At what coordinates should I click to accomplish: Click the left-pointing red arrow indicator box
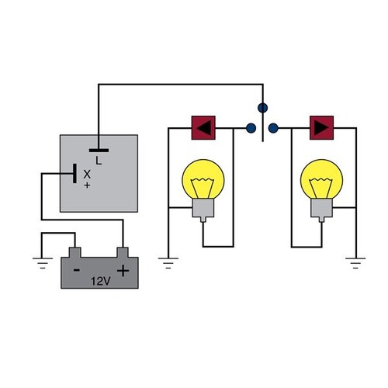click(x=203, y=127)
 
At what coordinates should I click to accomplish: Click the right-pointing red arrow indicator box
click(x=320, y=127)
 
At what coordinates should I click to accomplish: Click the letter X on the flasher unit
click(x=87, y=175)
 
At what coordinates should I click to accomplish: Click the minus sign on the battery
click(x=78, y=269)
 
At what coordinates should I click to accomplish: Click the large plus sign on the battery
click(x=122, y=270)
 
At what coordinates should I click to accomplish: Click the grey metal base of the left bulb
click(x=203, y=207)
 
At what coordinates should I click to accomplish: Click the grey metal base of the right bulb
click(x=320, y=207)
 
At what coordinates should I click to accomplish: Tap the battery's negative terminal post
click(x=74, y=252)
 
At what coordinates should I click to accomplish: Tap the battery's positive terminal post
click(x=122, y=252)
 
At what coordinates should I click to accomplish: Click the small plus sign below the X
click(x=87, y=186)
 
